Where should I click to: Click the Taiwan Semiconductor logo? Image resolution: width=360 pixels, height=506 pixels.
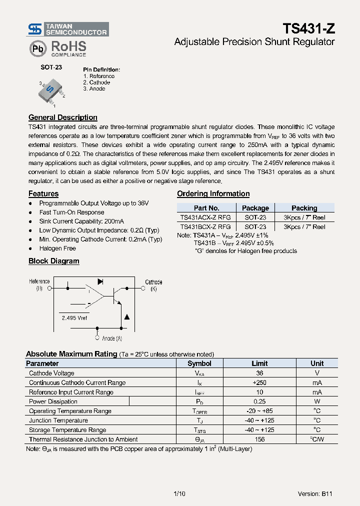coord(67,29)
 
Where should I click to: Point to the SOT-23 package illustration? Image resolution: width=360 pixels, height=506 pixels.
coord(51,91)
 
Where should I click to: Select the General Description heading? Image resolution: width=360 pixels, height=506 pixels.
coord(63,117)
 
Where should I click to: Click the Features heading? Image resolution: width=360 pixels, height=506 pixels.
coord(43,193)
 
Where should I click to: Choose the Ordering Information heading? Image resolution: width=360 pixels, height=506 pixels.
coord(213,193)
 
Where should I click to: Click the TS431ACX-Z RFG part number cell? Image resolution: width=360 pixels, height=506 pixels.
coord(205,217)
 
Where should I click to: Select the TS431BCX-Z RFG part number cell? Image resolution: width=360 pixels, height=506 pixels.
coord(205,226)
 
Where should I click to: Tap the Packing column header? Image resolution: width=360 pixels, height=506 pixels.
coord(304,208)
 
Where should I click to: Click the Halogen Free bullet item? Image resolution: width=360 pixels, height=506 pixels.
coord(57,248)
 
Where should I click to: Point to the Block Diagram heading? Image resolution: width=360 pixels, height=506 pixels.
coord(54,261)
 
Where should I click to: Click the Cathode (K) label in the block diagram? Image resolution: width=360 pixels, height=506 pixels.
coord(153,285)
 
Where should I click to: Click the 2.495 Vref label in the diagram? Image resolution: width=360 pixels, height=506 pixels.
coord(75,318)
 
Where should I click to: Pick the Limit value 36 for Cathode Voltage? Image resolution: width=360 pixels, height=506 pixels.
coord(259,373)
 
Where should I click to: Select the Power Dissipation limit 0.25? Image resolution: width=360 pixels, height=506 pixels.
coord(259,401)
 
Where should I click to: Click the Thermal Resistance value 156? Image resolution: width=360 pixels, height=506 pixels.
coord(259,439)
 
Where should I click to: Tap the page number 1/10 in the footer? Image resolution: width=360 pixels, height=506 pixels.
coord(179,493)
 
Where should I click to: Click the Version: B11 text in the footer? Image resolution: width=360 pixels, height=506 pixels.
coord(314,493)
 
